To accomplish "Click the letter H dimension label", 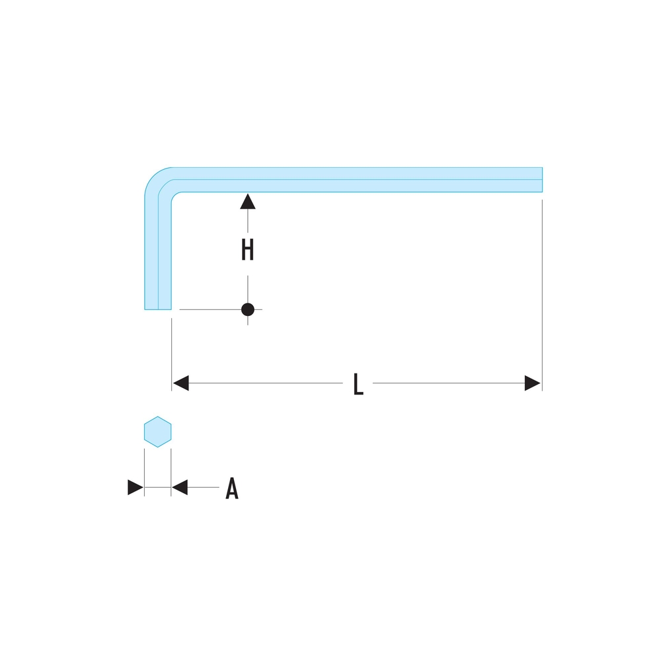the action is click(x=247, y=250).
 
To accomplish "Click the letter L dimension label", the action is click(x=358, y=384).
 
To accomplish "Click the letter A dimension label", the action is click(x=232, y=488).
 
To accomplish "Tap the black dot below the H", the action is click(x=248, y=309).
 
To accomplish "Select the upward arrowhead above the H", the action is click(x=248, y=201).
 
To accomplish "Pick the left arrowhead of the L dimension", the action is click(x=181, y=383).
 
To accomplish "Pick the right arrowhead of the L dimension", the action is click(x=532, y=383).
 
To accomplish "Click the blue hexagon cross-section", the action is click(x=158, y=432).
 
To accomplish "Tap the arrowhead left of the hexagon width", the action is click(x=136, y=487).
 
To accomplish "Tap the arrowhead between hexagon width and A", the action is click(x=180, y=487).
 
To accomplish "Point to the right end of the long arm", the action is click(x=542, y=180).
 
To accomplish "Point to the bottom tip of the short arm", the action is click(x=158, y=309).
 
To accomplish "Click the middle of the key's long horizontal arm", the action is click(x=358, y=180).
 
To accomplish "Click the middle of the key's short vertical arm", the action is click(x=158, y=253).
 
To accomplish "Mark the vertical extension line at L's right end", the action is click(x=542, y=295).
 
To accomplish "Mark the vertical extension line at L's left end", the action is click(x=172, y=354).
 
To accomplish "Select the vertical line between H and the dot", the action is click(x=248, y=290).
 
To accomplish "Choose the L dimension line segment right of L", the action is click(x=449, y=383).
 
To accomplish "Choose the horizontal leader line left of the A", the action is click(x=203, y=487).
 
